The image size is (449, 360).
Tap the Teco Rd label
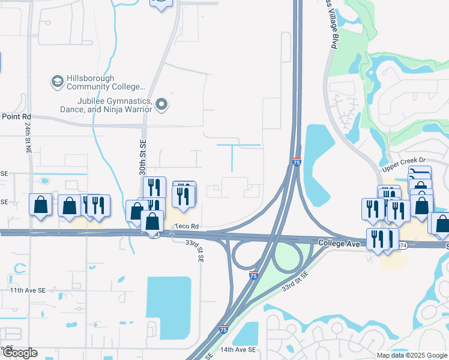(186, 227)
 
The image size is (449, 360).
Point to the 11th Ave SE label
(28, 290)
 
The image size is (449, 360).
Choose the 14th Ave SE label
(238, 349)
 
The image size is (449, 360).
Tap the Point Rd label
(16, 116)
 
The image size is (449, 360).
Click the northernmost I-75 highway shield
(297, 162)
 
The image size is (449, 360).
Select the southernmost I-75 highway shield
(223, 329)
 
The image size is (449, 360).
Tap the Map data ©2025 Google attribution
(412, 355)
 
